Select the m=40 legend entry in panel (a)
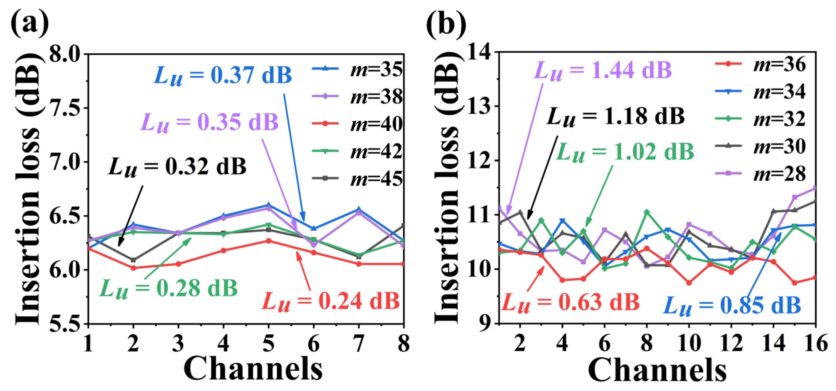[x=357, y=124]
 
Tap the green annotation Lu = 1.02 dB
[x=625, y=152]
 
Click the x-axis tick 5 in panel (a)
[x=268, y=343]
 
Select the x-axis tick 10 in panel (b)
[x=688, y=343]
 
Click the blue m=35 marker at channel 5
[x=268, y=205]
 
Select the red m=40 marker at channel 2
[x=133, y=268]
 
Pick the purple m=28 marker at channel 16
[x=814, y=188]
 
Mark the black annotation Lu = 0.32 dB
[x=177, y=167]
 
